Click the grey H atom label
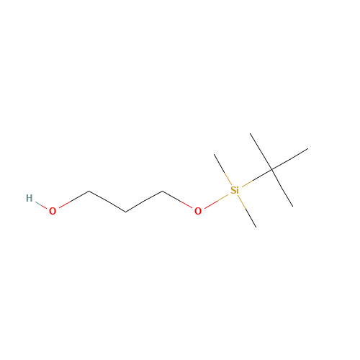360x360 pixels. pos(29,198)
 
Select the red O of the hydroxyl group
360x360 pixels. pos(53,211)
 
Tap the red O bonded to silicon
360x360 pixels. pos(198,211)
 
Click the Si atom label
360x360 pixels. pos(235,190)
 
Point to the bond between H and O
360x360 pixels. pos(41,204)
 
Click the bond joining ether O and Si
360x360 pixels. pos(216,201)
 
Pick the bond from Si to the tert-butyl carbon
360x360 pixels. pos(257,178)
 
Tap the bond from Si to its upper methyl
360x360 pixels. pos(222,169)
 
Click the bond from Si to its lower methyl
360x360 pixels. pos(247,212)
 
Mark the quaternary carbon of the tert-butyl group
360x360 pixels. pos(272,170)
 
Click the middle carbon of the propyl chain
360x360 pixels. pos(125,212)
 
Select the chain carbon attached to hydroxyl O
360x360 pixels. pos(89,191)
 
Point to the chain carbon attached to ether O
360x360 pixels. pos(162,191)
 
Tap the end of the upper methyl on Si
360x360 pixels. pos(215,154)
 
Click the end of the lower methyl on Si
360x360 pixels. pos(256,227)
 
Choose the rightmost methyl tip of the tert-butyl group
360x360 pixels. pos(308,149)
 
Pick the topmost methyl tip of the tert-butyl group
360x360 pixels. pos(250,133)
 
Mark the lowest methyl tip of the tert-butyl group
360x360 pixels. pos(292,206)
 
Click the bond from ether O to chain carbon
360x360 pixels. pos(177,199)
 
